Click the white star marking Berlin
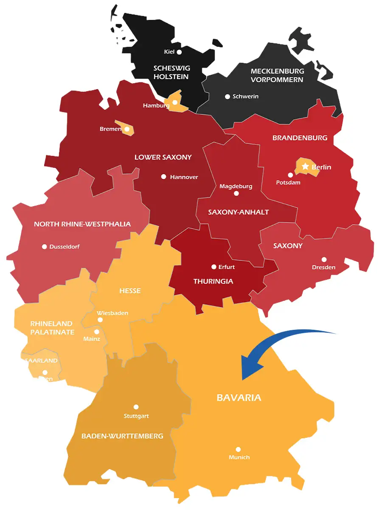pos(305,167)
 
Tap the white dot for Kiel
pos(179,52)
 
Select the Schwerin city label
pos(245,96)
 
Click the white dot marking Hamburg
pos(175,102)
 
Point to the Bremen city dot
pos(126,129)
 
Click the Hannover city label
pos(184,177)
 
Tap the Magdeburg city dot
pos(236,193)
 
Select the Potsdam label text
pos(288,182)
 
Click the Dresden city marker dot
pos(324,259)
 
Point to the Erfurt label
pos(226,267)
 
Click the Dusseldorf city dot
pos(44,246)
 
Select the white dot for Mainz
pos(96,332)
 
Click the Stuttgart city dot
pos(136,407)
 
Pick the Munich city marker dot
pos(238,449)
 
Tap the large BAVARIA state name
pos(239,398)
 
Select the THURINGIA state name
pos(213,281)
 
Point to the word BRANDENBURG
pos(300,138)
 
